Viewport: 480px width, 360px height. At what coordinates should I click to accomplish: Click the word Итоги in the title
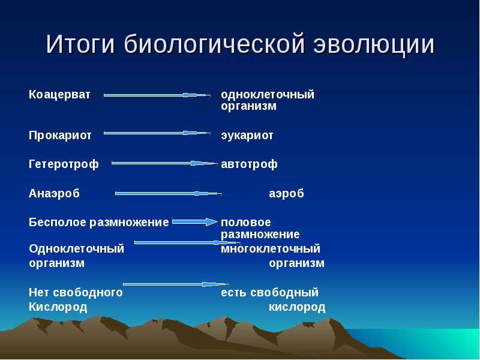(x=80, y=44)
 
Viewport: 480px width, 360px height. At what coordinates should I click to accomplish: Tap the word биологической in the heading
(x=215, y=44)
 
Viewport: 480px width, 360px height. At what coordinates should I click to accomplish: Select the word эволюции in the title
(x=374, y=44)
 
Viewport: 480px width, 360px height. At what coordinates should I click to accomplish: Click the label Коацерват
(x=59, y=94)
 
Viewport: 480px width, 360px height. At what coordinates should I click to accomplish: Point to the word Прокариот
(x=60, y=135)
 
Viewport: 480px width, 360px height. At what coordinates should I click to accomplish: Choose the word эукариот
(x=247, y=136)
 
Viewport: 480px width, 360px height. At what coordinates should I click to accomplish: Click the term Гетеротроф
(x=64, y=164)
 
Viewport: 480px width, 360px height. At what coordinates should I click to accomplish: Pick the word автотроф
(x=249, y=164)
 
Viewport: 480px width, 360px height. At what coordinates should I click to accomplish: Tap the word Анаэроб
(x=54, y=193)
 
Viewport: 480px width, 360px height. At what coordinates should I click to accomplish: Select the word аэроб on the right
(x=287, y=193)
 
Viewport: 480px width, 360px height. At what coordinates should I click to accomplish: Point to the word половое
(x=246, y=223)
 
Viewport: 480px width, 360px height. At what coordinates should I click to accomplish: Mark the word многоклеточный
(x=271, y=248)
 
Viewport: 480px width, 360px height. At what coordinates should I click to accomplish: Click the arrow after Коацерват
(x=157, y=95)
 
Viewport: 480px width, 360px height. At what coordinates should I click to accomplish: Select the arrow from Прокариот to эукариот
(x=157, y=133)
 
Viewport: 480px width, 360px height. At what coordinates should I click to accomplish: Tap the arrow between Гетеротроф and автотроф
(x=164, y=163)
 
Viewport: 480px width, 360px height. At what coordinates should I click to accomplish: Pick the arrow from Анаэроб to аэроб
(x=169, y=193)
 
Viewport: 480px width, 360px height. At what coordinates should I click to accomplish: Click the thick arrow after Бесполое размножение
(x=195, y=222)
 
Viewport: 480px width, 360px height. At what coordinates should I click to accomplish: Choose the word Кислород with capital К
(x=58, y=307)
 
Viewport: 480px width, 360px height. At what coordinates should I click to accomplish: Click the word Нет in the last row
(x=39, y=292)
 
